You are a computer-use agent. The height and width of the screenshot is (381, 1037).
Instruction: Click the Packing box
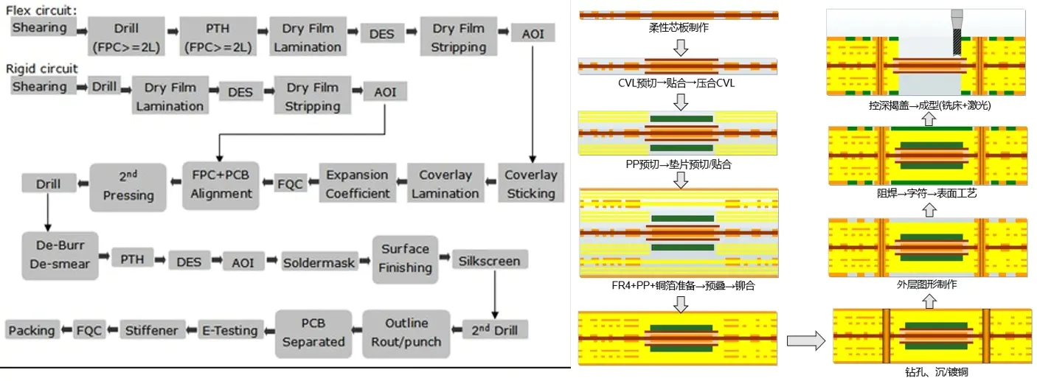pos(32,330)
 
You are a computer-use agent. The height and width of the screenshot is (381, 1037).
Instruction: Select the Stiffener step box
pos(150,330)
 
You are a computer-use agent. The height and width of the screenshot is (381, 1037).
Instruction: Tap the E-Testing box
pos(229,330)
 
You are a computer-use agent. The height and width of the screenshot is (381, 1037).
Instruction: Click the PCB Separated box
pos(313,332)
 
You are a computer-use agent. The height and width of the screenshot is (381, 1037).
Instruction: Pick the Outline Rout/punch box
pos(406,332)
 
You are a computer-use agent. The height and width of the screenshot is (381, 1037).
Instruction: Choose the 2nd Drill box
pos(494,330)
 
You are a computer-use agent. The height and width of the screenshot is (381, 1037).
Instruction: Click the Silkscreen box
pos(489,261)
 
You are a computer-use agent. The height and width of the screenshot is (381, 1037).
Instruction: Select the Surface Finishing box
pos(405,258)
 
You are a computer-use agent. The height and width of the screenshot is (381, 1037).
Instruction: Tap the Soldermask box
pos(319,262)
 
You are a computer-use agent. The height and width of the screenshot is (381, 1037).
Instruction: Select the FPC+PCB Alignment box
pos(221,184)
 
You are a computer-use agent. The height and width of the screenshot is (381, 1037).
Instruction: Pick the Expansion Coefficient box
pos(358,184)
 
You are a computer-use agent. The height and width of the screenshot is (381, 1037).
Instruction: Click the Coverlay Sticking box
pos(530,184)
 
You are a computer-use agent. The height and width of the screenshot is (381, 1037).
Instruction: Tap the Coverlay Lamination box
pos(445,184)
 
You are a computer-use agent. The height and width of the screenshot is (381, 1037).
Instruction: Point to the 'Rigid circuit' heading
pos(42,69)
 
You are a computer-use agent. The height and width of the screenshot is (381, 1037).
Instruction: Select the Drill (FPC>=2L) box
pos(126,38)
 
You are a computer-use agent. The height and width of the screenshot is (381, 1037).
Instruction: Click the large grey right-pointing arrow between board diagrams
pos(805,340)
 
